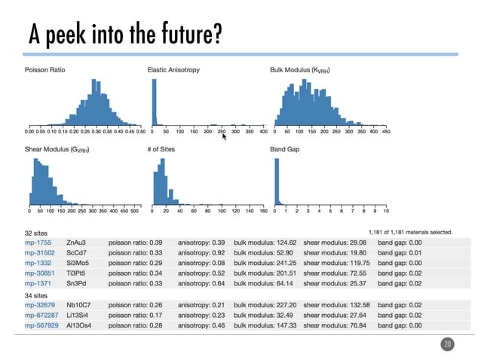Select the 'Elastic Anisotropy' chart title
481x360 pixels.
[x=173, y=70]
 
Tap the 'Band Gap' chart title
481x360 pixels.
[x=285, y=150]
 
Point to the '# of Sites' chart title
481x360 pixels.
[x=161, y=150]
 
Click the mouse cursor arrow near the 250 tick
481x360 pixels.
[x=224, y=136]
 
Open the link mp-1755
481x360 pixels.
[x=38, y=243]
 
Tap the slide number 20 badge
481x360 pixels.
[x=447, y=344]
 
